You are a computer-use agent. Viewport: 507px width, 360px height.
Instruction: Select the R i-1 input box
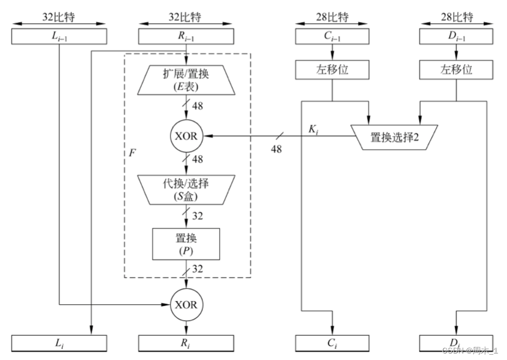(x=187, y=37)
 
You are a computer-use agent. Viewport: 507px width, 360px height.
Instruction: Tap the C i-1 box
(x=331, y=37)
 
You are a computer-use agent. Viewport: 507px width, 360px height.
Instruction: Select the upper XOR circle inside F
(x=187, y=136)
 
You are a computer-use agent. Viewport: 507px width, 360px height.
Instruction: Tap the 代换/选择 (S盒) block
(x=187, y=190)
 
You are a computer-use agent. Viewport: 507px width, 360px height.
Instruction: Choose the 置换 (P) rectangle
(x=187, y=243)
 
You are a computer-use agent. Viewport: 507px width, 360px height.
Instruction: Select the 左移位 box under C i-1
(x=331, y=70)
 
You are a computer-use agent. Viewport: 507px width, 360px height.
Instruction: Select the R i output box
(x=187, y=343)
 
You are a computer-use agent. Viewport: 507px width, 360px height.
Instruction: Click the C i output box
(x=331, y=343)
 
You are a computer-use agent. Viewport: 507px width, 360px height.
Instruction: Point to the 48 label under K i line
(x=276, y=149)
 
